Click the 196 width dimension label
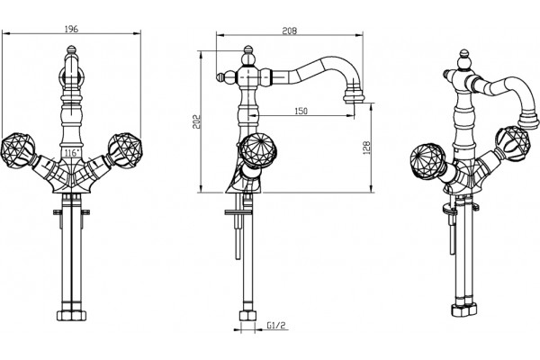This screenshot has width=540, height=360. point(72,29)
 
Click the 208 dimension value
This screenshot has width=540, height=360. point(290,31)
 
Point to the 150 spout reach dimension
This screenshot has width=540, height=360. point(301,111)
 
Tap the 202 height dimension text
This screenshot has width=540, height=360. point(196,121)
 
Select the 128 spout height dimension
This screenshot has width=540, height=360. point(366,148)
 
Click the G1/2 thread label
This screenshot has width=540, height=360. point(276,325)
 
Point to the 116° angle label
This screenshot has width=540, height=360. point(72,153)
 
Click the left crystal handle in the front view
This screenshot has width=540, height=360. point(18,150)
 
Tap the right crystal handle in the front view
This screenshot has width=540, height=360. point(125,150)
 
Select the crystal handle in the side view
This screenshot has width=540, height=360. point(256,151)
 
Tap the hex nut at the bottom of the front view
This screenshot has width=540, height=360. point(71,316)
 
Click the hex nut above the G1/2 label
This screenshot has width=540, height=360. point(247,316)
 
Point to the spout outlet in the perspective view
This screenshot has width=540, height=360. point(528,121)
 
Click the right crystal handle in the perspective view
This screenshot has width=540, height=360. point(512,144)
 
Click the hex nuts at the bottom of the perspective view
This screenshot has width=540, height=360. point(464,310)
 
